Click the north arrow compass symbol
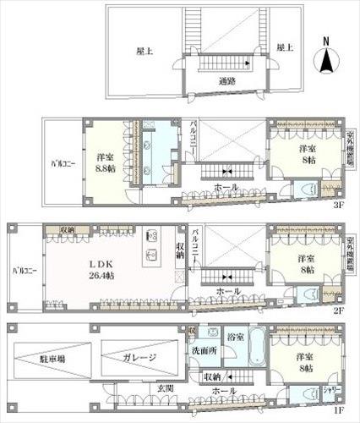[327, 57]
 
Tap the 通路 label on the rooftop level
[226, 82]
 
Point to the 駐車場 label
[51, 360]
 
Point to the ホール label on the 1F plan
[223, 392]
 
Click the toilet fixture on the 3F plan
[309, 191]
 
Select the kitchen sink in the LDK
[152, 255]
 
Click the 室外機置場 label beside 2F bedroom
[350, 252]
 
